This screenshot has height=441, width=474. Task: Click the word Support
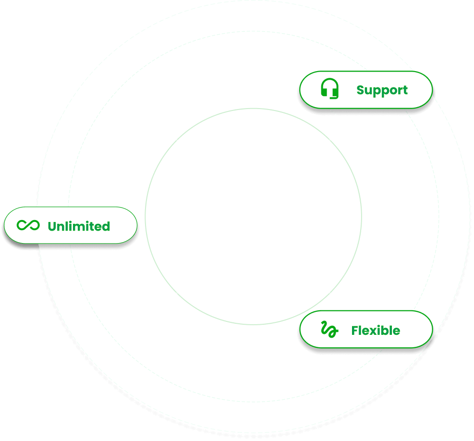click(382, 90)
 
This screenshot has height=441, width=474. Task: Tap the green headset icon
click(329, 89)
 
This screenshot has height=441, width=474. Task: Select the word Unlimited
click(79, 226)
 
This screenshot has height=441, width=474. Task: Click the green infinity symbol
click(28, 225)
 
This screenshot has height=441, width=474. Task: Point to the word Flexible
click(376, 331)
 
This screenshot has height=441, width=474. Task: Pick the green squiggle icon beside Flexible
click(329, 330)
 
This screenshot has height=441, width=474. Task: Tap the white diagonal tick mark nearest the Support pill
click(330, 139)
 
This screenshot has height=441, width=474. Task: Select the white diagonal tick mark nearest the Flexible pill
click(330, 294)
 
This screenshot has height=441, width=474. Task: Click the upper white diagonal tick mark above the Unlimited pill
click(176, 139)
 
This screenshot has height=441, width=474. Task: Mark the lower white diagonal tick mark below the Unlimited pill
click(176, 294)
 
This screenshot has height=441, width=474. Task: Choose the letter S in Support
click(361, 90)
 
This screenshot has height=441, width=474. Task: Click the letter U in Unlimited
click(52, 226)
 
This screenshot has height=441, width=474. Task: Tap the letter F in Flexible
click(355, 331)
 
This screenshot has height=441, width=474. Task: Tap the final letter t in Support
click(405, 90)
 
